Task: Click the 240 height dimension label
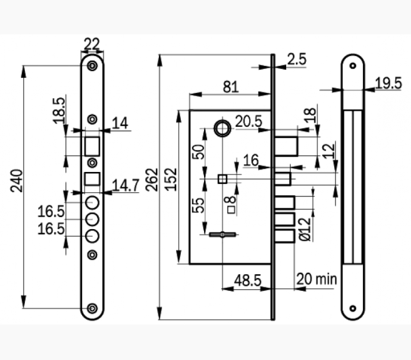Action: point(17,180)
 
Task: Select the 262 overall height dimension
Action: point(150,179)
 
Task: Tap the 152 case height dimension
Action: point(171,179)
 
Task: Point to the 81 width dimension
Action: point(231,86)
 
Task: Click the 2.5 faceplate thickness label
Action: point(296,59)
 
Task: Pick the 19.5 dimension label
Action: point(388,83)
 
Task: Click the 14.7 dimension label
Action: point(126,184)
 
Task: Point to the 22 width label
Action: point(92,43)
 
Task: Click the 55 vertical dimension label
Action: point(200,205)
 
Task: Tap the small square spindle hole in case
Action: point(222,179)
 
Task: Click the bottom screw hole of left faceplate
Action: point(92,308)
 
